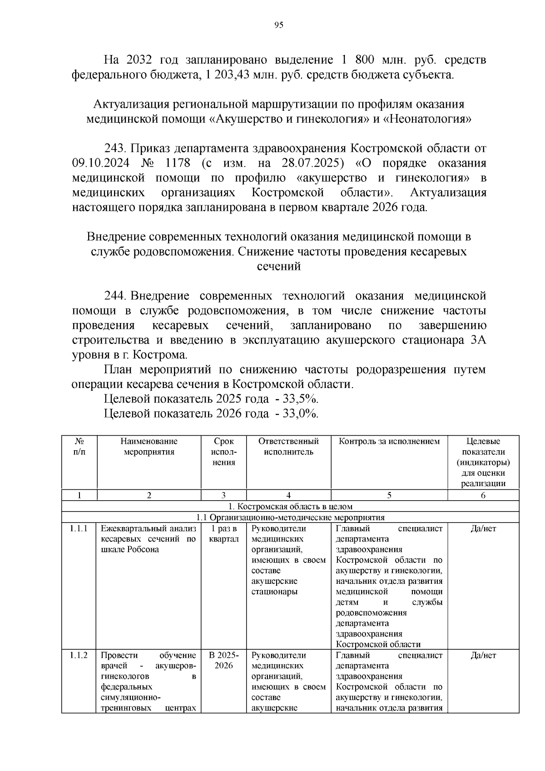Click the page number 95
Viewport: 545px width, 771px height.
tap(279, 25)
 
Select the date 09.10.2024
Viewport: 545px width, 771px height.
tap(100, 163)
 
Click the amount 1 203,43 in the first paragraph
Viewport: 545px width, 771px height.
tap(227, 75)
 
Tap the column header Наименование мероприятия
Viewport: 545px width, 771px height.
tap(149, 447)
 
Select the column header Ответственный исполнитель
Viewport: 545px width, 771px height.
tap(288, 447)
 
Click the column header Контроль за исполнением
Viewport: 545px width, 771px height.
tap(389, 442)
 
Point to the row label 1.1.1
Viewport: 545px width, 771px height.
tap(79, 528)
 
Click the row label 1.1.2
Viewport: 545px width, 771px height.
tap(79, 655)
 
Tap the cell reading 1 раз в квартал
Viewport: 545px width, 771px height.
tap(223, 534)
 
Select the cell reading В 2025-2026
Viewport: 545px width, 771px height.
tap(223, 660)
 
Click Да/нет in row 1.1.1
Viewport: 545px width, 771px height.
tap(483, 528)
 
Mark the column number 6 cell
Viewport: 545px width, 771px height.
tap(483, 496)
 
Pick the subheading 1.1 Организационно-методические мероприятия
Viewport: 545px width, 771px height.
tap(290, 517)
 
